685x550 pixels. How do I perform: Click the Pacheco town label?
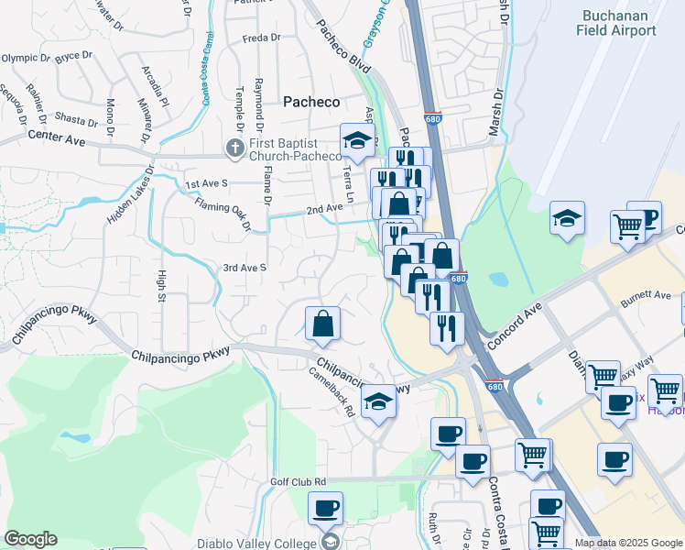(310, 102)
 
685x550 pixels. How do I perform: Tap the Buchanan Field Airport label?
(616, 23)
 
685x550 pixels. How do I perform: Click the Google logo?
(30, 539)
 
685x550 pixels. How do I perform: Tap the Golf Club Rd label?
(299, 481)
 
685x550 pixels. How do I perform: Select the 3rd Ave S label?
(244, 268)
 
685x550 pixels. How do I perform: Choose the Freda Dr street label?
(261, 38)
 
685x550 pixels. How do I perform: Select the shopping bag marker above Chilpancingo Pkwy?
(322, 324)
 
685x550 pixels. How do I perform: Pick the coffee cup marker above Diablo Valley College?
(325, 507)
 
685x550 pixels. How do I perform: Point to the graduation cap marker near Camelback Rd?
(378, 401)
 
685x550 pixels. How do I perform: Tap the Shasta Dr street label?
(75, 120)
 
